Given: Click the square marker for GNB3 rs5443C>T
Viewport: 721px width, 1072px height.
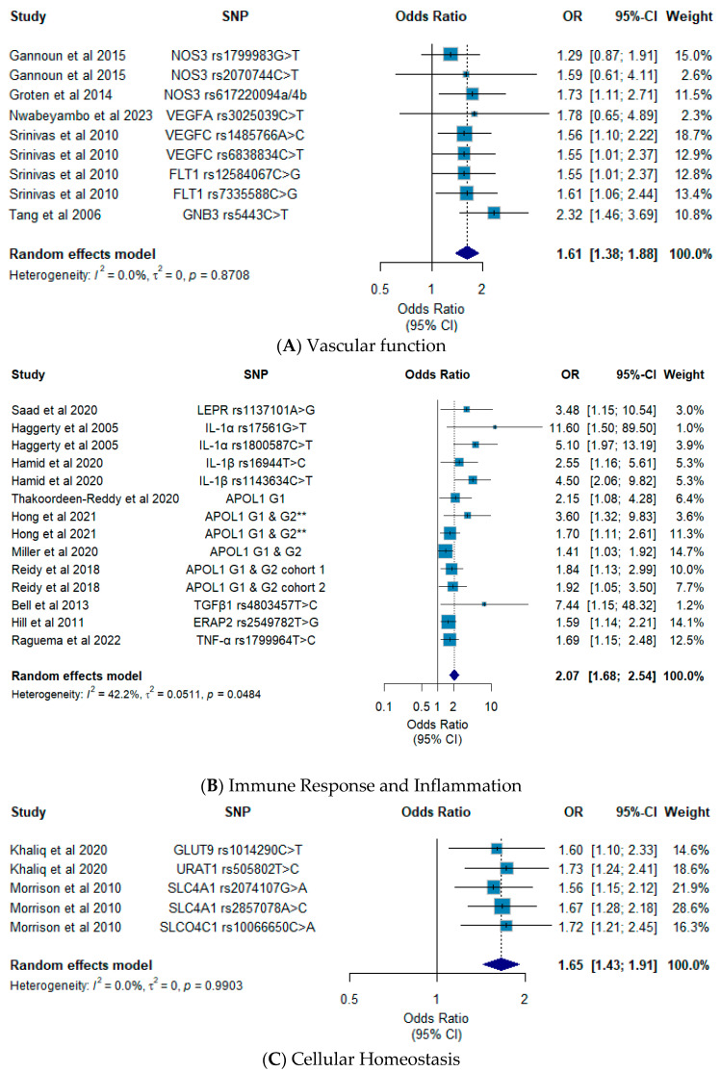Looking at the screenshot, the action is tap(494, 214).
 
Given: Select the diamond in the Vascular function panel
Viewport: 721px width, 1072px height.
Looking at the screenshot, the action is tap(467, 253).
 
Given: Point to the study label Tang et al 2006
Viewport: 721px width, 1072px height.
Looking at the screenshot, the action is tap(55, 215).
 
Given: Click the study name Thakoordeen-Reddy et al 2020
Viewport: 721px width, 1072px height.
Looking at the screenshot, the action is tap(95, 499).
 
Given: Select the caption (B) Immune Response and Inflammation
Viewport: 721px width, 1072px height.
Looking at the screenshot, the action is tap(360, 785).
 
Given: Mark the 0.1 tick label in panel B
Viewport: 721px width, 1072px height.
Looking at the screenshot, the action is tap(384, 706).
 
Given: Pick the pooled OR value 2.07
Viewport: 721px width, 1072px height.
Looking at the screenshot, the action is tap(567, 676).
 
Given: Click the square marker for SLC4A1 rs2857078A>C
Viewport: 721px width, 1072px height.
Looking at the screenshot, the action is tap(502, 907).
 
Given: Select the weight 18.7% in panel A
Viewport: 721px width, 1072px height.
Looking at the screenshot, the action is tap(693, 135).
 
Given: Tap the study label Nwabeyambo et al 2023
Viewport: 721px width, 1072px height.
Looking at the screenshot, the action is tap(81, 115).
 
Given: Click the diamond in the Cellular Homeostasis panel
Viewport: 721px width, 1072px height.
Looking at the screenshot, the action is tap(502, 964).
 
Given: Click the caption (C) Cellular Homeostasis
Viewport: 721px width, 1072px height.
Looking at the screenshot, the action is tap(360, 1059).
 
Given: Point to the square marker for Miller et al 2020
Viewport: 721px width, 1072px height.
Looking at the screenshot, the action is tap(446, 551).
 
